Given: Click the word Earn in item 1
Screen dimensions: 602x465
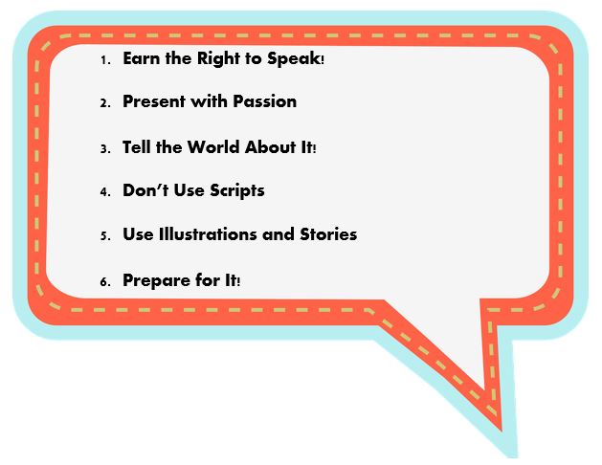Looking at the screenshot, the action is coord(142,58).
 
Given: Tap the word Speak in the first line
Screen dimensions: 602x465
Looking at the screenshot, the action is coord(294,59).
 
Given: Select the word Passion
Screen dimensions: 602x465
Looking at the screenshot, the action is coord(265,101).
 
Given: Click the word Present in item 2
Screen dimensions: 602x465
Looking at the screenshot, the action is coord(154,101).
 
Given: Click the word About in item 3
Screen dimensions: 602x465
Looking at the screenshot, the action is coord(270,147).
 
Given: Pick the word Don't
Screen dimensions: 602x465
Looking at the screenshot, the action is coord(145,189).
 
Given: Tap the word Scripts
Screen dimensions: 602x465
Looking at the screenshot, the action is coord(237,191).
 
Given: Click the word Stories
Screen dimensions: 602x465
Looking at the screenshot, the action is coord(328,234).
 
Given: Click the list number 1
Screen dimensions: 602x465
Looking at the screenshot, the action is coord(105,60).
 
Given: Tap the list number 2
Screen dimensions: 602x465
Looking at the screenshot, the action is coord(105,103).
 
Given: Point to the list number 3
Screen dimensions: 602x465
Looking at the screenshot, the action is coord(105,149).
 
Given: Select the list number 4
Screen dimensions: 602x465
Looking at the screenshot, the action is coord(105,191).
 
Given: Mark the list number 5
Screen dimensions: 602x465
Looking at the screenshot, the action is coord(105,236).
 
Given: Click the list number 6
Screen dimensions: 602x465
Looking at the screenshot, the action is coord(105,282).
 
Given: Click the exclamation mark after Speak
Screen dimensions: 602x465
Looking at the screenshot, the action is coord(323,60).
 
